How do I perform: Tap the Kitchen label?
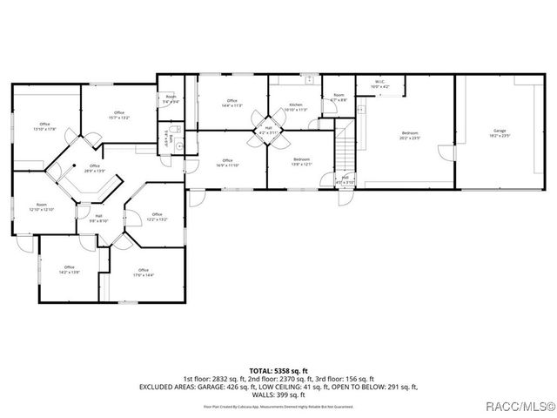point(295,107)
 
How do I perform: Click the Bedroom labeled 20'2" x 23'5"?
point(409,134)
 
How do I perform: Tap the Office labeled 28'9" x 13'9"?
point(94,168)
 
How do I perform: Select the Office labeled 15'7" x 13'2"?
point(118,114)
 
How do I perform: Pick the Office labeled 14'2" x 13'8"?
point(69,269)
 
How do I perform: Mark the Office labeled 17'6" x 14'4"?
point(143,272)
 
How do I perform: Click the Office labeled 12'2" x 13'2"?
point(157,217)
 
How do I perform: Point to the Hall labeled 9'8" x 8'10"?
point(98,219)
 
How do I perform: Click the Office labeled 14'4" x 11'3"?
point(232,103)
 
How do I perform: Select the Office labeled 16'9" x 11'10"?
point(227,162)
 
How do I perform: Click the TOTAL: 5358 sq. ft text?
point(278,371)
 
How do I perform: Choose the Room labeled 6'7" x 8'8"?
point(339,97)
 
